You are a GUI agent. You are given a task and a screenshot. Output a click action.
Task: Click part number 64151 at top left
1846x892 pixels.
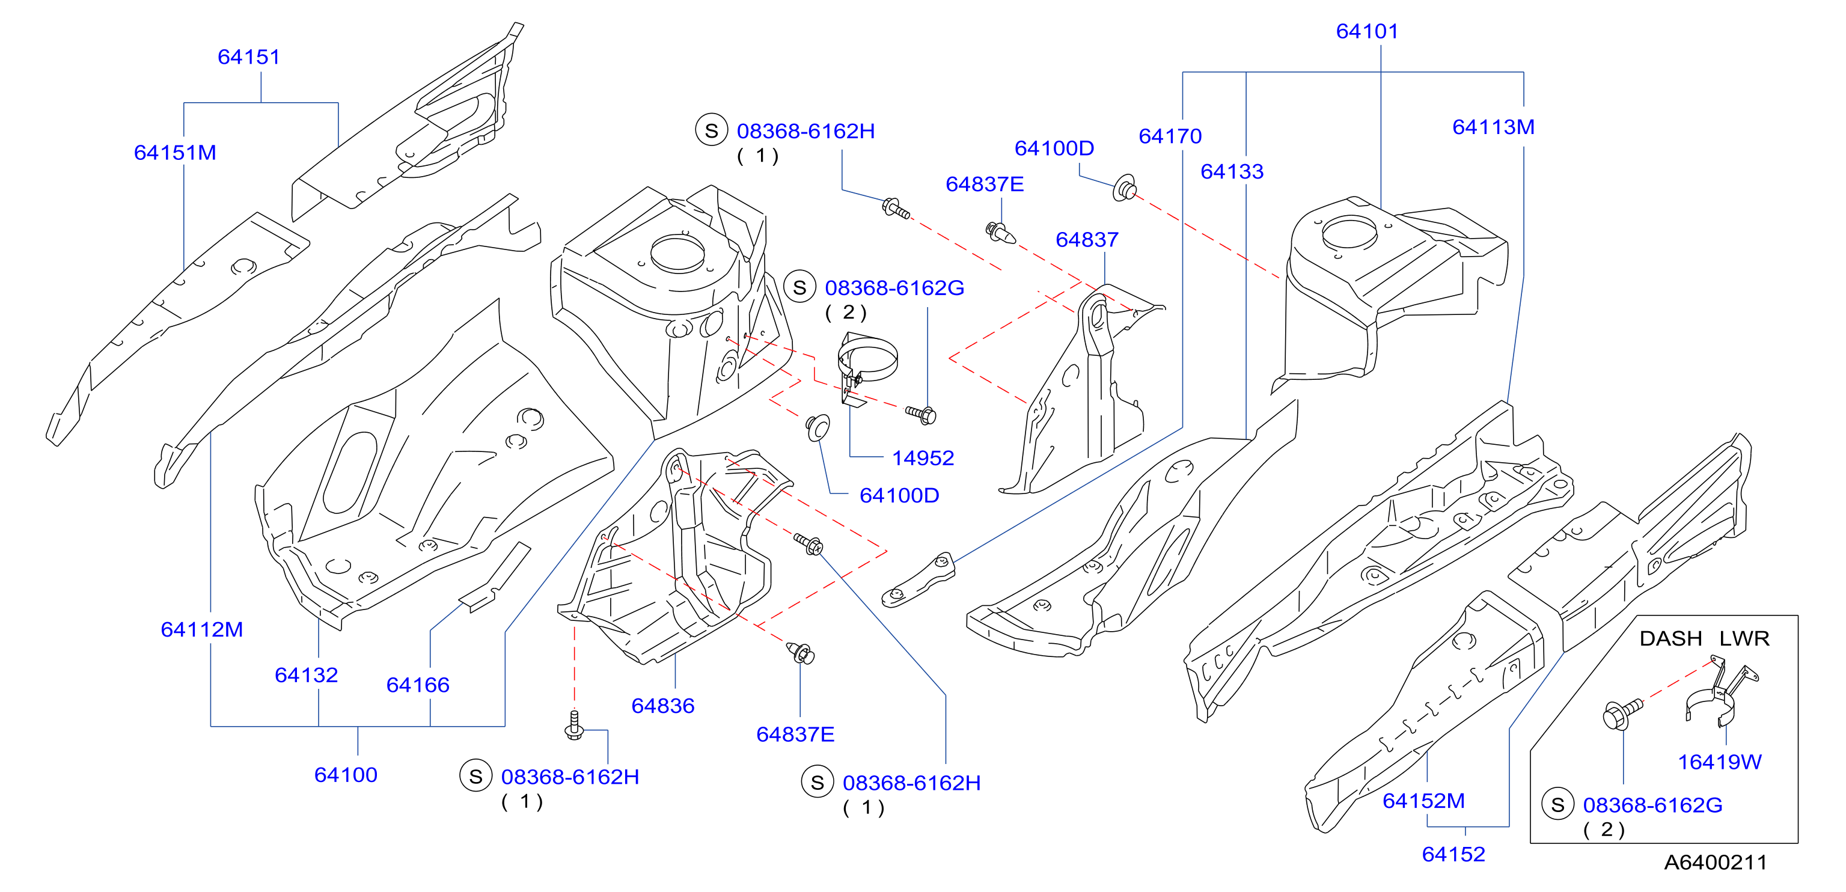(x=249, y=57)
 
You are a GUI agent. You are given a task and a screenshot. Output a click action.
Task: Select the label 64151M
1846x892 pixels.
(x=175, y=153)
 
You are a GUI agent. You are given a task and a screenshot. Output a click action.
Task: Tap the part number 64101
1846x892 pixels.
(x=1368, y=31)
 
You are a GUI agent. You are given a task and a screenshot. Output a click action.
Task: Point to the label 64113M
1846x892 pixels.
(x=1493, y=127)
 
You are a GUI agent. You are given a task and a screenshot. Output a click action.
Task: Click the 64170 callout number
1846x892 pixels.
(x=1170, y=136)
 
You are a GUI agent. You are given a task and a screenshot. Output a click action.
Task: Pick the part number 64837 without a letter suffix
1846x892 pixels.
(x=1087, y=239)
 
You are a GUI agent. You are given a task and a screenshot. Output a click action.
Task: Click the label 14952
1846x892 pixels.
(x=923, y=458)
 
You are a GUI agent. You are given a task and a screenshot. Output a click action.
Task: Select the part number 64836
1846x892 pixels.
(x=663, y=706)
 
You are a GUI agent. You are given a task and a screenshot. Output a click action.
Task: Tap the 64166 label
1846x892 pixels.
(x=418, y=685)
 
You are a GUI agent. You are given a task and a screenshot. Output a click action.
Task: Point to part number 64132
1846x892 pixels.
(x=306, y=675)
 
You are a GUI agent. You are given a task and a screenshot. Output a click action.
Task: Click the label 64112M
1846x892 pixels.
(x=202, y=629)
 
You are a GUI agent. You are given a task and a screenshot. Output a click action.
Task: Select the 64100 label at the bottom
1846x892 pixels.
(x=346, y=775)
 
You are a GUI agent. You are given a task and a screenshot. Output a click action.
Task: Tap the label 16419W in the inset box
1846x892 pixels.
(x=1720, y=762)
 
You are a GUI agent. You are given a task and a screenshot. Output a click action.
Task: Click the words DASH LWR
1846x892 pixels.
(x=1705, y=638)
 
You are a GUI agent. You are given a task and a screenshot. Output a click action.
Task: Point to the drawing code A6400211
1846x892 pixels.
(x=1716, y=862)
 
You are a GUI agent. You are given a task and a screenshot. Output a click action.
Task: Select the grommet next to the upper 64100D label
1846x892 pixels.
(x=1125, y=188)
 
